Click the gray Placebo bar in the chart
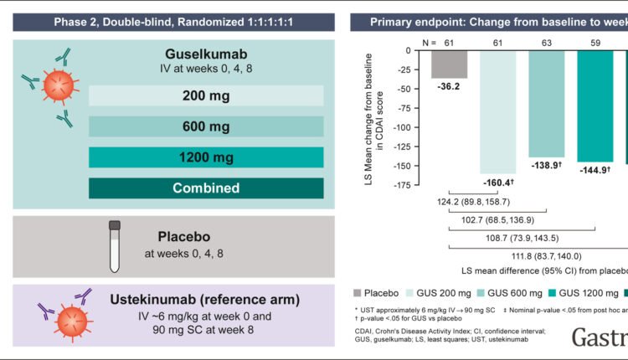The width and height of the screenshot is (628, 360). (450, 64)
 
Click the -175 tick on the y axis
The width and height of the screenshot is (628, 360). (413, 184)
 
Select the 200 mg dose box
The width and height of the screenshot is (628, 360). (206, 95)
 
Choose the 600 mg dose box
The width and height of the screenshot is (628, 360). (206, 126)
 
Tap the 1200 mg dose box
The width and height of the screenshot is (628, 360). (206, 157)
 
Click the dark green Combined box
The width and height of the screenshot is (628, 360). (206, 188)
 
